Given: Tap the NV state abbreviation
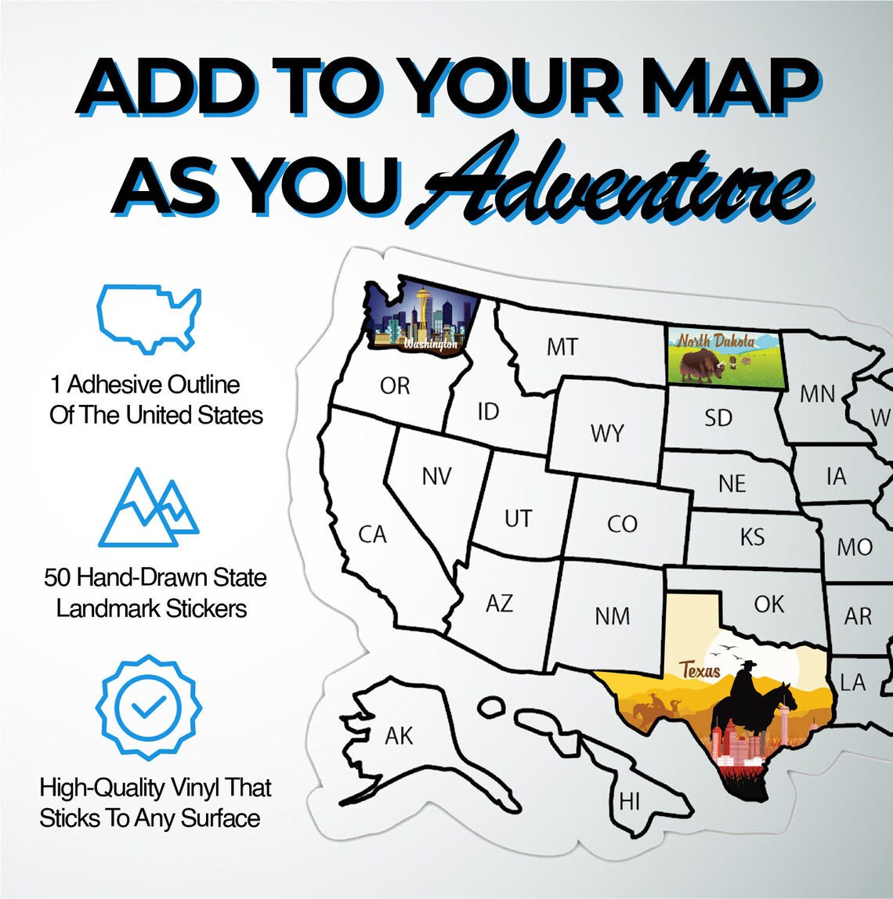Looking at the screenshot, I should coord(436,476).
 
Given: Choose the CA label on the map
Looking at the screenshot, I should coord(373,535).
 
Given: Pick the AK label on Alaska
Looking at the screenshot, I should coord(399,735).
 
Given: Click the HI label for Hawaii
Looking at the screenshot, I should coord(629,802).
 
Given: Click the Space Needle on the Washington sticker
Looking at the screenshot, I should coord(424,309).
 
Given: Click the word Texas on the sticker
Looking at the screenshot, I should coord(700,670).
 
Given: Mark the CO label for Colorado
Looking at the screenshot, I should coord(623,525).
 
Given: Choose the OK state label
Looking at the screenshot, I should coord(768,603).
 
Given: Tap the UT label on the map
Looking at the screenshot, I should coord(518,518).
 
